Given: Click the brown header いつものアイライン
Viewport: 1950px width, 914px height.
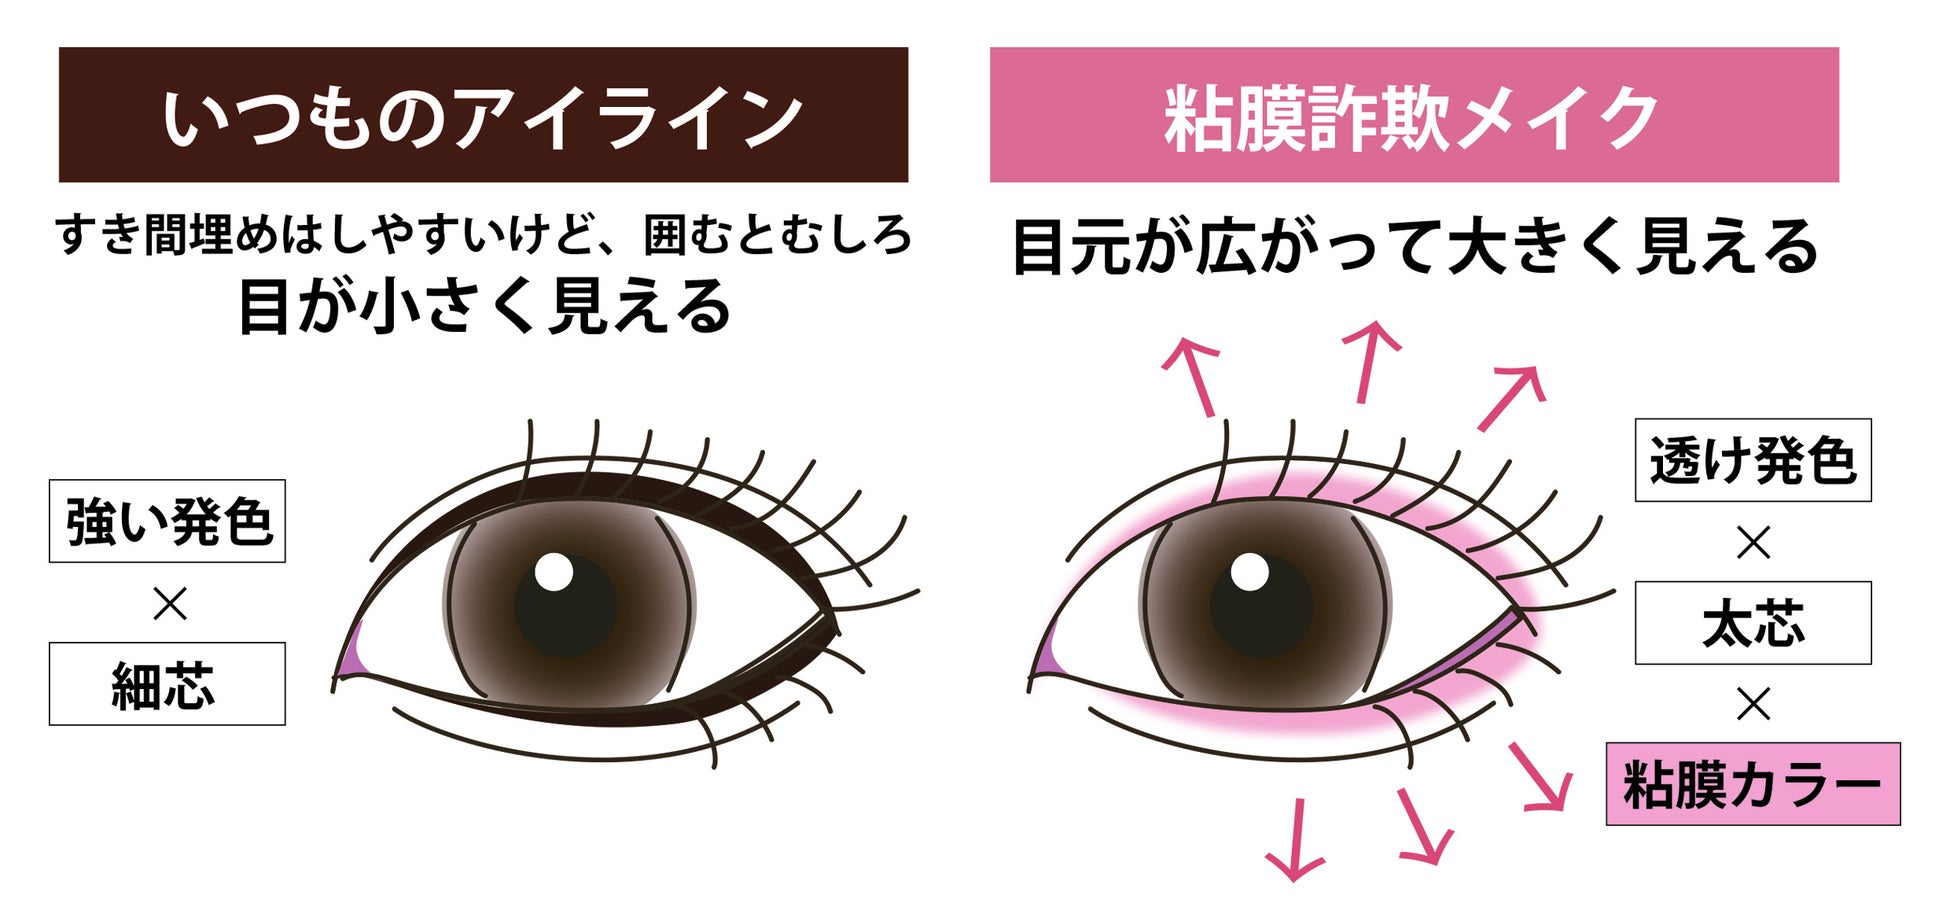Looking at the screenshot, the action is coord(483,115).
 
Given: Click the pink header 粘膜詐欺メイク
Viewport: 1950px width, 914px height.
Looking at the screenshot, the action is coord(1414,115).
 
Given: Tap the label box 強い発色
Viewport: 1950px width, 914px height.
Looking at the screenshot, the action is coord(167,521).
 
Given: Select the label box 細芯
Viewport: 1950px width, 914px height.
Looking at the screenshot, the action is coord(167,684).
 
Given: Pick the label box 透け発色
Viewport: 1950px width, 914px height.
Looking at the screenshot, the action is coord(1753,460).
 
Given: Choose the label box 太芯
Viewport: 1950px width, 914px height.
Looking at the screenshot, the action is coord(1753,623).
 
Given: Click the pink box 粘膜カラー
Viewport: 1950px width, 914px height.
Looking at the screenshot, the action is coord(1753,784).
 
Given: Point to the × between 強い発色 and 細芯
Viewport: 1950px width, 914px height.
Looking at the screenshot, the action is coord(169,603).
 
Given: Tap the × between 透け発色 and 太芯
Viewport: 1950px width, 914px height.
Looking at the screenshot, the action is coord(1753,542).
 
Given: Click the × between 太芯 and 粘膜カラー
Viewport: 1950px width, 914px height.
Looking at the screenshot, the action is coord(1753,704).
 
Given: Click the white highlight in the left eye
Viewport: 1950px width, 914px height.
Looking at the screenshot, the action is coord(553,572).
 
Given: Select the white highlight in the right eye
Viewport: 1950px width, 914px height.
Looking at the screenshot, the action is coord(1249,572).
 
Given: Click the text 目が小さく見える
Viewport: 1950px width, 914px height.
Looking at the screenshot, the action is coord(484,306).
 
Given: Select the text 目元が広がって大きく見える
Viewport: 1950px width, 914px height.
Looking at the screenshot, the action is coord(1414,247).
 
